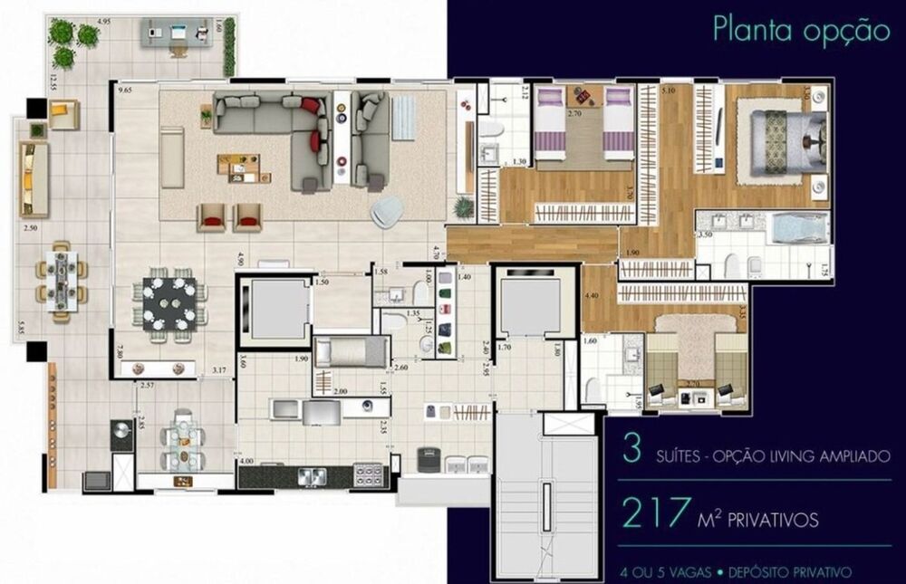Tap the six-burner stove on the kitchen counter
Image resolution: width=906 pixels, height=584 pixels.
(x=369, y=474)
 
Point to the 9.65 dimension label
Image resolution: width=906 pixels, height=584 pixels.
(x=124, y=91)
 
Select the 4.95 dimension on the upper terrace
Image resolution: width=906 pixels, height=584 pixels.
(x=104, y=20)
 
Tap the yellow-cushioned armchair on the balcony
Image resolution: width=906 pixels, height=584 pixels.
(x=63, y=114)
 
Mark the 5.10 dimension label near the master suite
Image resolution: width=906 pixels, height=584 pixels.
(x=669, y=91)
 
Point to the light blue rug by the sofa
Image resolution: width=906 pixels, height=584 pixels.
(x=403, y=117)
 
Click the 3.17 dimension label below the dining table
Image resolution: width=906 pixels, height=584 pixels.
(x=218, y=369)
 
